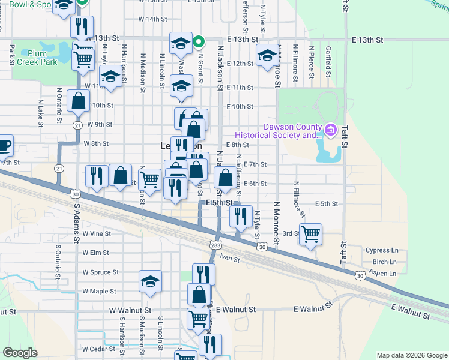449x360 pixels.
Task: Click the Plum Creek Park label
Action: (x=37, y=58)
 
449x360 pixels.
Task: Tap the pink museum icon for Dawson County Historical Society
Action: (x=330, y=130)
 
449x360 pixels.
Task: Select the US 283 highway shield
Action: (x=215, y=245)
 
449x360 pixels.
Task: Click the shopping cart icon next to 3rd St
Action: (x=310, y=234)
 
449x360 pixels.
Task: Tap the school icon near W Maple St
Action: (x=150, y=282)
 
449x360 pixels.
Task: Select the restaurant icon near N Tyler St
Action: (x=241, y=217)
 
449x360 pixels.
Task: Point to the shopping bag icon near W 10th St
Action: (x=78, y=101)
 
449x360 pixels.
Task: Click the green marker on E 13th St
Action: (x=200, y=42)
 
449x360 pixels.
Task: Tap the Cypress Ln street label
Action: (x=382, y=250)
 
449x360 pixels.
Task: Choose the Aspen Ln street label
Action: (x=385, y=274)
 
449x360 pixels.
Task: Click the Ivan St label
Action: (x=229, y=259)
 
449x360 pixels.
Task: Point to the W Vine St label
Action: (x=97, y=233)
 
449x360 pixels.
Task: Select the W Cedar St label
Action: (x=98, y=349)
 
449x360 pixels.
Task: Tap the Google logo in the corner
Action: (x=20, y=353)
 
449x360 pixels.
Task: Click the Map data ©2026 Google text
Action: (x=411, y=355)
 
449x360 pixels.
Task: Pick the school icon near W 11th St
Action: (x=110, y=77)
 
